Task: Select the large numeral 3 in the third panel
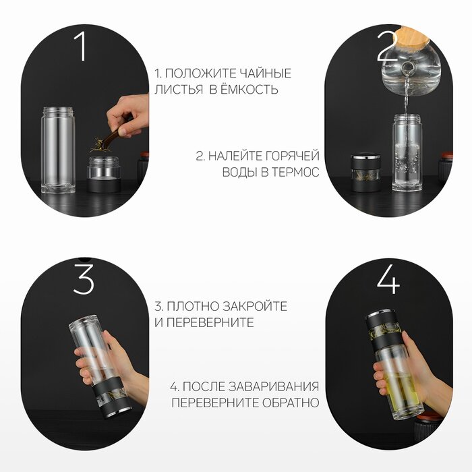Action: click(84, 279)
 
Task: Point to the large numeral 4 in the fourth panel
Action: click(388, 279)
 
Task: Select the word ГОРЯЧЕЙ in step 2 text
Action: click(292, 156)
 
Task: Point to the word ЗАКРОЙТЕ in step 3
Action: click(256, 306)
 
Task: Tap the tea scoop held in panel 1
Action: click(112, 137)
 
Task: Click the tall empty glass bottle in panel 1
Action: click(58, 150)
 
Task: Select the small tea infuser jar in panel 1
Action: click(104, 174)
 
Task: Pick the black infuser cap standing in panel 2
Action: click(365, 173)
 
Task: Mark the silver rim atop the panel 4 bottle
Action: click(380, 313)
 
